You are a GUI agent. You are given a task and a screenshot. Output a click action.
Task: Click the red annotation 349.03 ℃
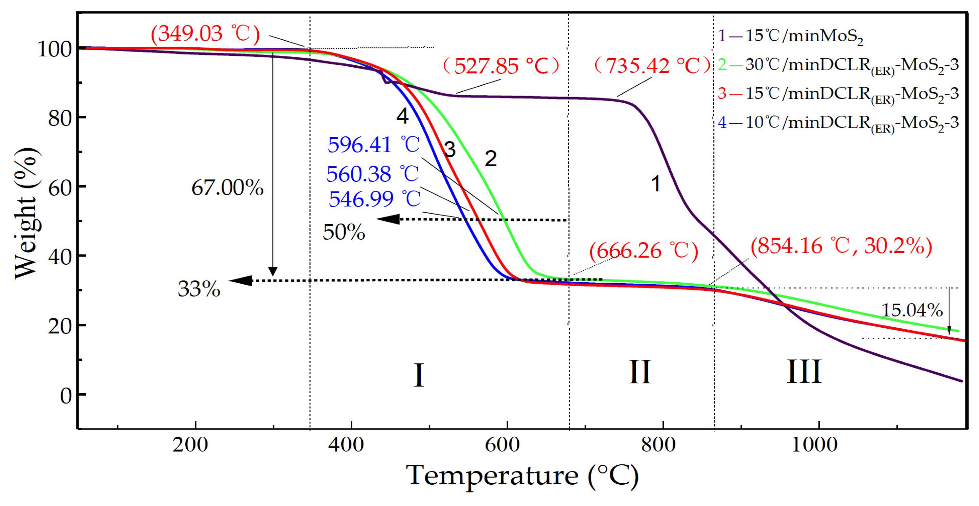[x=205, y=34]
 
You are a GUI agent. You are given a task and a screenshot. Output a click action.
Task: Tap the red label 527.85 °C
[x=501, y=66]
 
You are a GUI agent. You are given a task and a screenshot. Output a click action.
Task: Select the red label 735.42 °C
[x=652, y=65]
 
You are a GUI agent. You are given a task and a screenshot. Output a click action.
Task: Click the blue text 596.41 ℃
[x=373, y=145]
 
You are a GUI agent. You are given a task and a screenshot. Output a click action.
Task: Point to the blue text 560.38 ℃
[x=372, y=174]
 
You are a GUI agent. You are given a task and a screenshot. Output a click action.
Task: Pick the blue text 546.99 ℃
[x=374, y=199]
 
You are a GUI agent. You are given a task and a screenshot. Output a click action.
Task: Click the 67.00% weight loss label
[x=227, y=188]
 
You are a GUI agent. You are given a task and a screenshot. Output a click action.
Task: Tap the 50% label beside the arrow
[x=344, y=232]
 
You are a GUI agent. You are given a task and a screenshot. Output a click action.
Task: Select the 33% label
[x=199, y=289]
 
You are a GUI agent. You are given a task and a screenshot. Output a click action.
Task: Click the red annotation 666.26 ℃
[x=644, y=251]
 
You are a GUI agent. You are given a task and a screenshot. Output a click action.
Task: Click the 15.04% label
[x=912, y=310]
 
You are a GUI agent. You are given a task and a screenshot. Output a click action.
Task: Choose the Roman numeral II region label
[x=640, y=372]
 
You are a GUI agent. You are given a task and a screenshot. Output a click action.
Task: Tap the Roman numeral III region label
[x=804, y=371]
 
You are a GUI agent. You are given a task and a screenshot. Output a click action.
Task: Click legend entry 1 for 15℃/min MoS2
[x=791, y=37]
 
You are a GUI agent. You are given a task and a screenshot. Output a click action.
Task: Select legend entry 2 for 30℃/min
[x=838, y=65]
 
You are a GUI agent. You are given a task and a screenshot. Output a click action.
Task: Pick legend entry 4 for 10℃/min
[x=838, y=123]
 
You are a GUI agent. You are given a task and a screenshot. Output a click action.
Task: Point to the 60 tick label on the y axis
[x=60, y=188]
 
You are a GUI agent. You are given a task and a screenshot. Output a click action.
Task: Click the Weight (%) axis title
[x=27, y=213]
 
